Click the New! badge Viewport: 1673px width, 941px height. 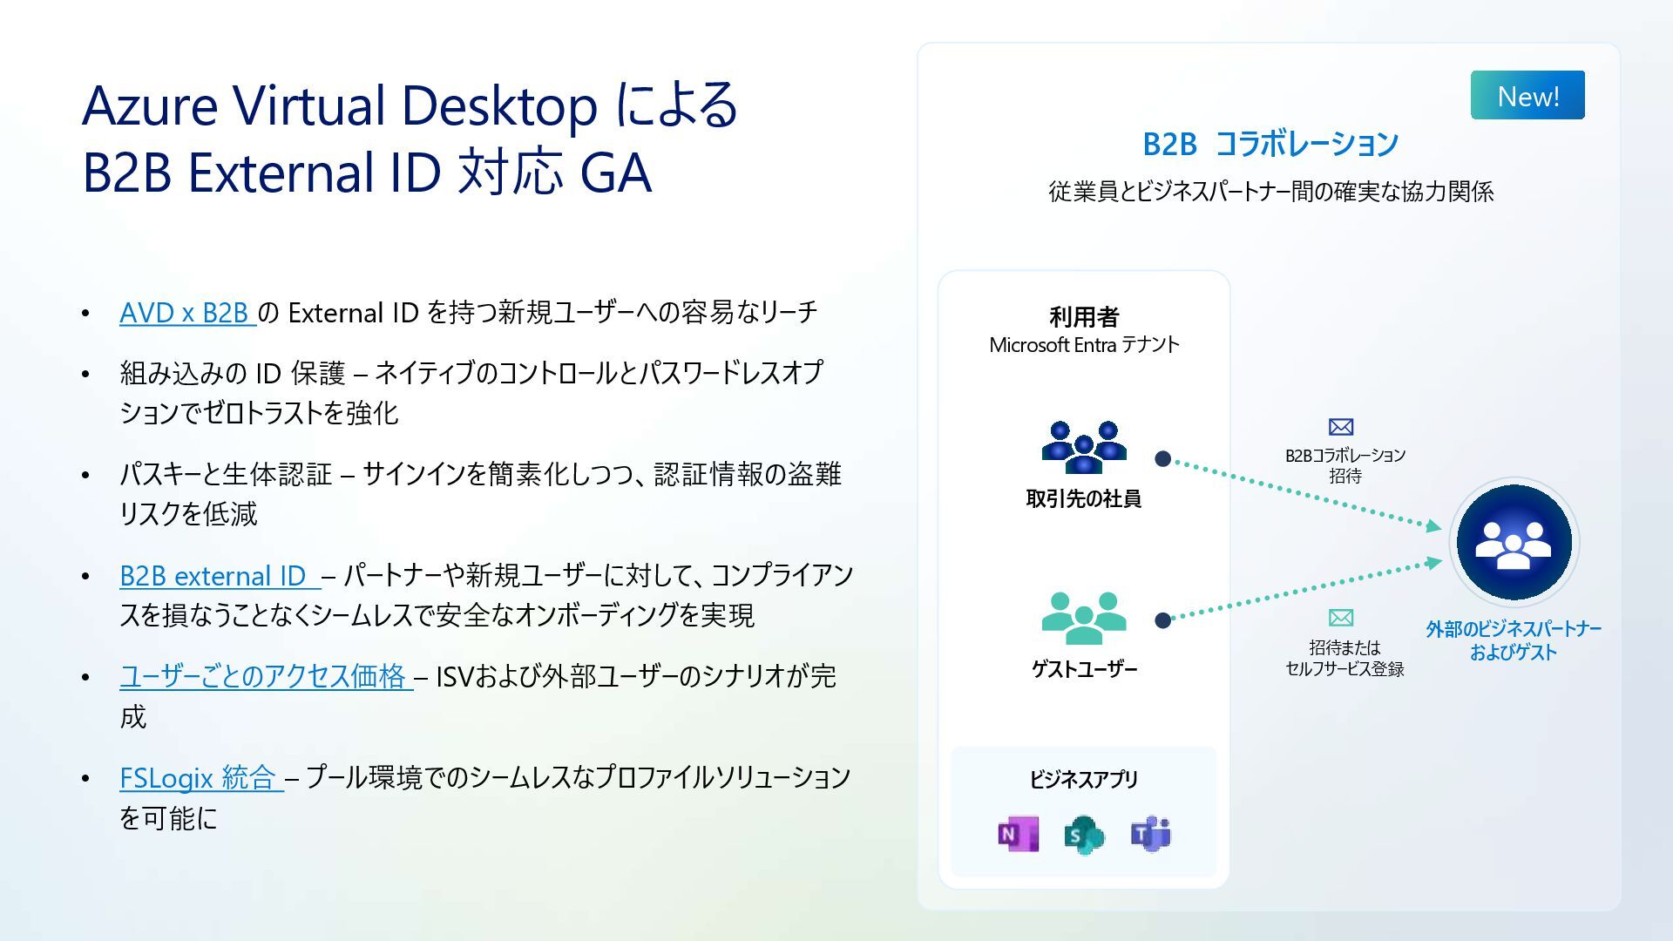1527,96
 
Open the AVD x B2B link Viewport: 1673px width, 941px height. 186,313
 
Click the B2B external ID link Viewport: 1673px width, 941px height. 218,576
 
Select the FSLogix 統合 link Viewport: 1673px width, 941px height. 200,777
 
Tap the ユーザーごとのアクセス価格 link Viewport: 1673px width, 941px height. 265,676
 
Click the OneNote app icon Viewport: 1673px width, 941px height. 1018,835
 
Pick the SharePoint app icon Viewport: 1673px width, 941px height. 1084,836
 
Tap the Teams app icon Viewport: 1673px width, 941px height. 1150,835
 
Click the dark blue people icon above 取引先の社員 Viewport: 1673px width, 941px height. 1084,447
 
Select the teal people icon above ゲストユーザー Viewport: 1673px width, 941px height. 1084,618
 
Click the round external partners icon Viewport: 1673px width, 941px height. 1514,543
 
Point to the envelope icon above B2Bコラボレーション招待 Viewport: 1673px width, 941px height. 1341,427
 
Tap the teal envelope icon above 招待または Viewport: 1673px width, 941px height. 1341,618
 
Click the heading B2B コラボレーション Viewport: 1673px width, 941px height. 1270,144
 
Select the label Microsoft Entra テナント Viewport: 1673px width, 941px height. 1084,345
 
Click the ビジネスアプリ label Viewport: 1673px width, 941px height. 1084,779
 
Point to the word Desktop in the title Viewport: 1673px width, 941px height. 498,106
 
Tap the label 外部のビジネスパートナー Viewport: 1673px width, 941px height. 1514,629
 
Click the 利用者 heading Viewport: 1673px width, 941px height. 1084,316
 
